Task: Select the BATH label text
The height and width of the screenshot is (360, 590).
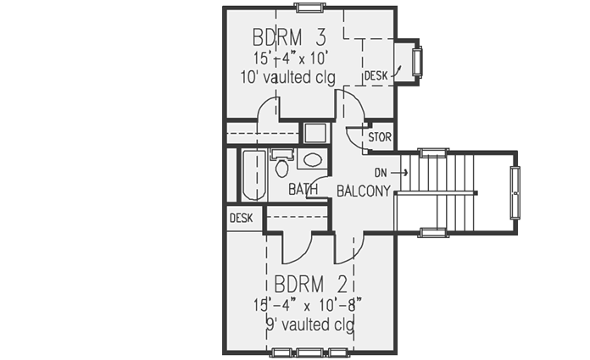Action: pos(302,190)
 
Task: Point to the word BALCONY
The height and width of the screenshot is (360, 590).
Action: pos(364,191)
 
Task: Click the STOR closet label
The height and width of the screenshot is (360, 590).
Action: pos(379,136)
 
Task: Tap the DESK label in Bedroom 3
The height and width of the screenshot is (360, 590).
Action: pos(376,76)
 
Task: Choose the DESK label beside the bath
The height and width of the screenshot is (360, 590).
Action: pos(241,218)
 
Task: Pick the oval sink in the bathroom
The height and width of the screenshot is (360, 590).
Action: pos(312,159)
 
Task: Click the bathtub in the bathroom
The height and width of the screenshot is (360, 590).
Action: pos(253,175)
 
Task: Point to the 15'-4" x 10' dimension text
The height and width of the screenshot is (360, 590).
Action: pos(290,58)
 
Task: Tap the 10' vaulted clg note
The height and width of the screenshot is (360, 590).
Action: pos(288,78)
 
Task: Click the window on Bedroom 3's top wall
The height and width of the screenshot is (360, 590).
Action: pos(309,8)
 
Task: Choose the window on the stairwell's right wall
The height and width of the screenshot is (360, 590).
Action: pos(514,192)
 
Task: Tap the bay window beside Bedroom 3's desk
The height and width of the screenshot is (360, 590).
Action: pos(416,62)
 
